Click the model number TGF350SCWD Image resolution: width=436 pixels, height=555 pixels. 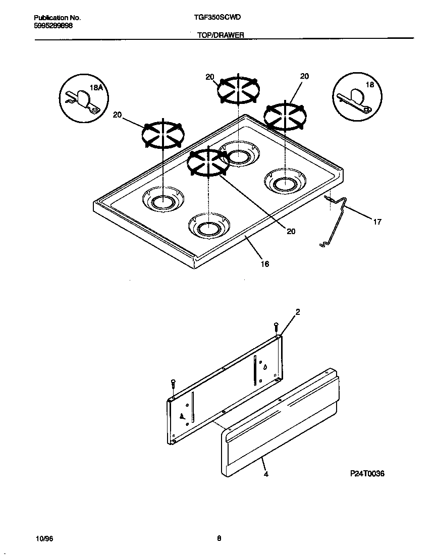pos(217,17)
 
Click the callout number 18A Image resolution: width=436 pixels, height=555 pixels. pos(96,88)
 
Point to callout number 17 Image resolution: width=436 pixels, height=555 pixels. pos(377,221)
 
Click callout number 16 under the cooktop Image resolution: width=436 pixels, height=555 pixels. pos(264,264)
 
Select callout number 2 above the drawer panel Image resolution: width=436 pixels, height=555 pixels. pos(297,312)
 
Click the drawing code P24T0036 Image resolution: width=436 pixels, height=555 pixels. pos(367,474)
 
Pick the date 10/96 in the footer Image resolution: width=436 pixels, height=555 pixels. pos(44,538)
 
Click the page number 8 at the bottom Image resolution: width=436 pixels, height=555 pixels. pos(219,538)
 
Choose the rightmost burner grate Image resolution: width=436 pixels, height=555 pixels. pos(286,115)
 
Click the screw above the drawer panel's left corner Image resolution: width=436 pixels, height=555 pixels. pos(173,383)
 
